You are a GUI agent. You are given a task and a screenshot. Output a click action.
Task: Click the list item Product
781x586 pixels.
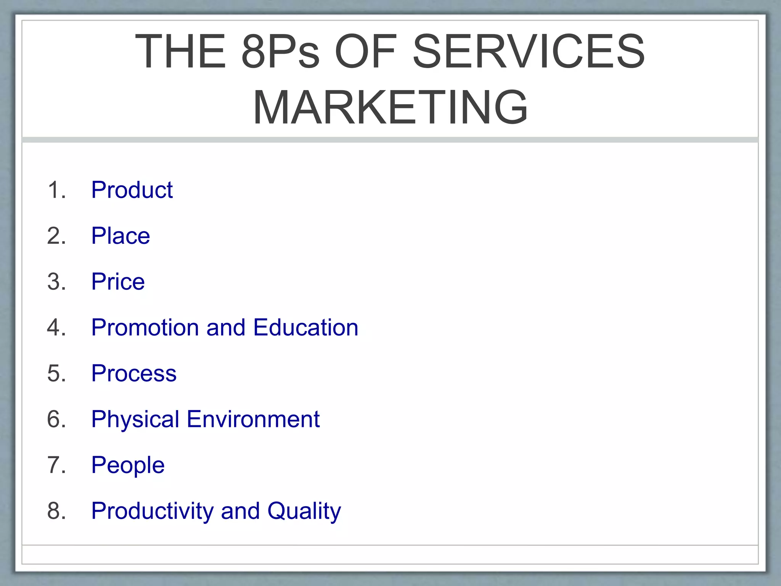point(132,190)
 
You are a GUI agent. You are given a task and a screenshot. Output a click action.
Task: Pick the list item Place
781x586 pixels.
point(121,235)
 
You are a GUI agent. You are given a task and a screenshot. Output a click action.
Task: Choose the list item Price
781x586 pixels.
point(118,282)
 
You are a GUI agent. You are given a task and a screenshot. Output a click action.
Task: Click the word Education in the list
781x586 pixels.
point(305,327)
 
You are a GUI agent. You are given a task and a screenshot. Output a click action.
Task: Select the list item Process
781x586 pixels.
point(134,373)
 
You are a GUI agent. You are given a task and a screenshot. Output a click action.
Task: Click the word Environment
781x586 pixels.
point(253,419)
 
